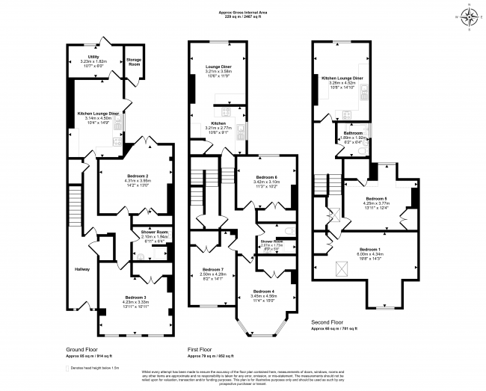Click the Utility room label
coord(93,56)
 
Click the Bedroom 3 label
coord(136,298)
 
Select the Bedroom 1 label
coord(370,248)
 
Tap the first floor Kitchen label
coord(218,123)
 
